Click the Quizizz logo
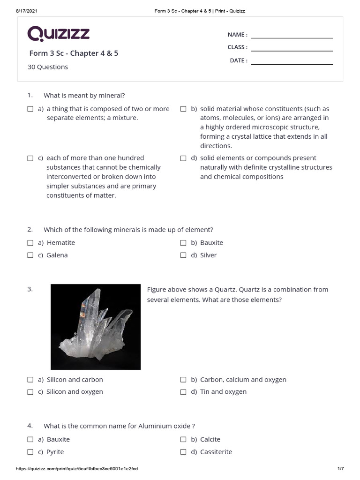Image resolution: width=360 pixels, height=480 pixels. [x=58, y=34]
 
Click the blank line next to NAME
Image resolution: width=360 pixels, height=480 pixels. [x=292, y=37]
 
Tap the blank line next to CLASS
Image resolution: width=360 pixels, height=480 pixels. [x=292, y=50]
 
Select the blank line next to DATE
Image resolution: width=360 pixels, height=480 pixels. [x=292, y=63]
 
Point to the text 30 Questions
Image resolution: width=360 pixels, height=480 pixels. [x=48, y=67]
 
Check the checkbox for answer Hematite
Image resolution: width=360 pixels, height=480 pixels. [x=30, y=243]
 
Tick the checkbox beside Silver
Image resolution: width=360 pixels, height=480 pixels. [x=184, y=255]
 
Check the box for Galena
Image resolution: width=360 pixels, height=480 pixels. [x=30, y=255]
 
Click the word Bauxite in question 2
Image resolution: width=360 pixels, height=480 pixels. [x=211, y=243]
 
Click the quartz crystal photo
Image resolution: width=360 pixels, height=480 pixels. [x=96, y=327]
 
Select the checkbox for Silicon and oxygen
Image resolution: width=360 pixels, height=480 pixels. [x=30, y=392]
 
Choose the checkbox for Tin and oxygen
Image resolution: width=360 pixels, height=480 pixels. [x=184, y=392]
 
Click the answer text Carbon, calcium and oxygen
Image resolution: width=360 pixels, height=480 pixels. [x=243, y=380]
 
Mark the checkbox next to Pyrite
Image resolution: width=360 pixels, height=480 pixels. [x=30, y=452]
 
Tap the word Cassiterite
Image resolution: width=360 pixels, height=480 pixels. [x=216, y=452]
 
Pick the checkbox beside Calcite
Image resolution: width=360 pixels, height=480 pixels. [x=184, y=440]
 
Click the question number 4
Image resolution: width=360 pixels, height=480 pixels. [x=30, y=426]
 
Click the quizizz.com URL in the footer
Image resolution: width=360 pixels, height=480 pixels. [x=77, y=469]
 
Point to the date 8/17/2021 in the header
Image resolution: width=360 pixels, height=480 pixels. [x=13, y=11]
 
